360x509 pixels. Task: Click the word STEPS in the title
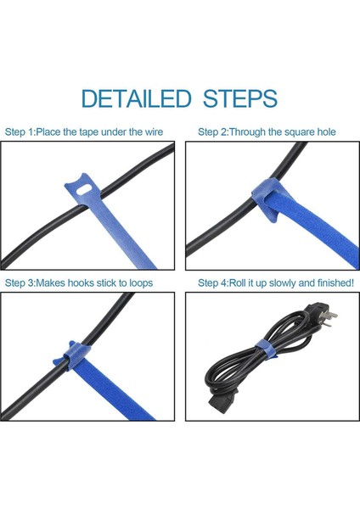click(240, 98)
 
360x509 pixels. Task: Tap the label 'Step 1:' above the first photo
click(22, 132)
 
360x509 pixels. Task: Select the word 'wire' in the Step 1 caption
click(152, 132)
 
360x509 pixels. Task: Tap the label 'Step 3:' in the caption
click(22, 282)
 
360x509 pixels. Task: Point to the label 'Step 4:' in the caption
click(216, 282)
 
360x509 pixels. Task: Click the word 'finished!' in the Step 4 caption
click(332, 282)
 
